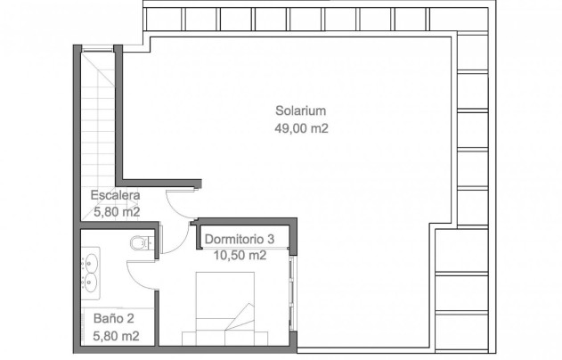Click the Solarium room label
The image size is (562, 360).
coord(301,110)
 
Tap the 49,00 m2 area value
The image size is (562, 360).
coord(301,128)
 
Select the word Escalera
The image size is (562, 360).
coord(115,195)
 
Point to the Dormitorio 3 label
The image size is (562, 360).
coord(240,239)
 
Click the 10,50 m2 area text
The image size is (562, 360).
coord(240,256)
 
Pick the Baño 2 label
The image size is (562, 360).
coord(114,318)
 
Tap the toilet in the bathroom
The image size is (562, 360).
coord(142,242)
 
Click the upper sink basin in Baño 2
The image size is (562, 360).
coord(90,262)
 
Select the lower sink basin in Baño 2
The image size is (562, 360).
coord(90,282)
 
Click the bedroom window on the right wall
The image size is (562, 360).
coord(292,293)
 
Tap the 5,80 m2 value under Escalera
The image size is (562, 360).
coord(117,212)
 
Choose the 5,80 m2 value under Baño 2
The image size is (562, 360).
coord(116,336)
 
